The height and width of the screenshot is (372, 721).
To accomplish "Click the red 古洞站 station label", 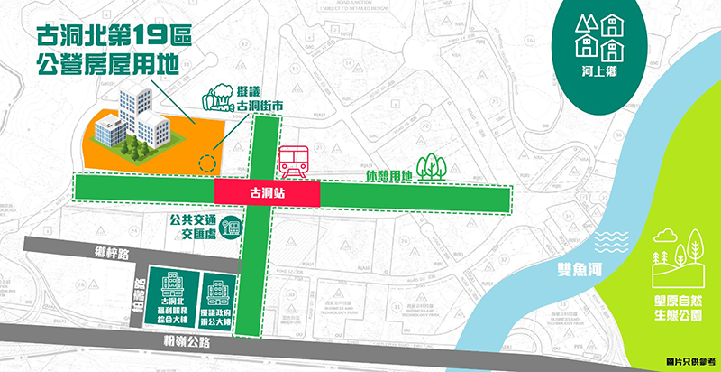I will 267,193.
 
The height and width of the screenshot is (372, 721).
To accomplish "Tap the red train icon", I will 295,163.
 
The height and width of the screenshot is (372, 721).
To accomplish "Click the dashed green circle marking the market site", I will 208,164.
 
